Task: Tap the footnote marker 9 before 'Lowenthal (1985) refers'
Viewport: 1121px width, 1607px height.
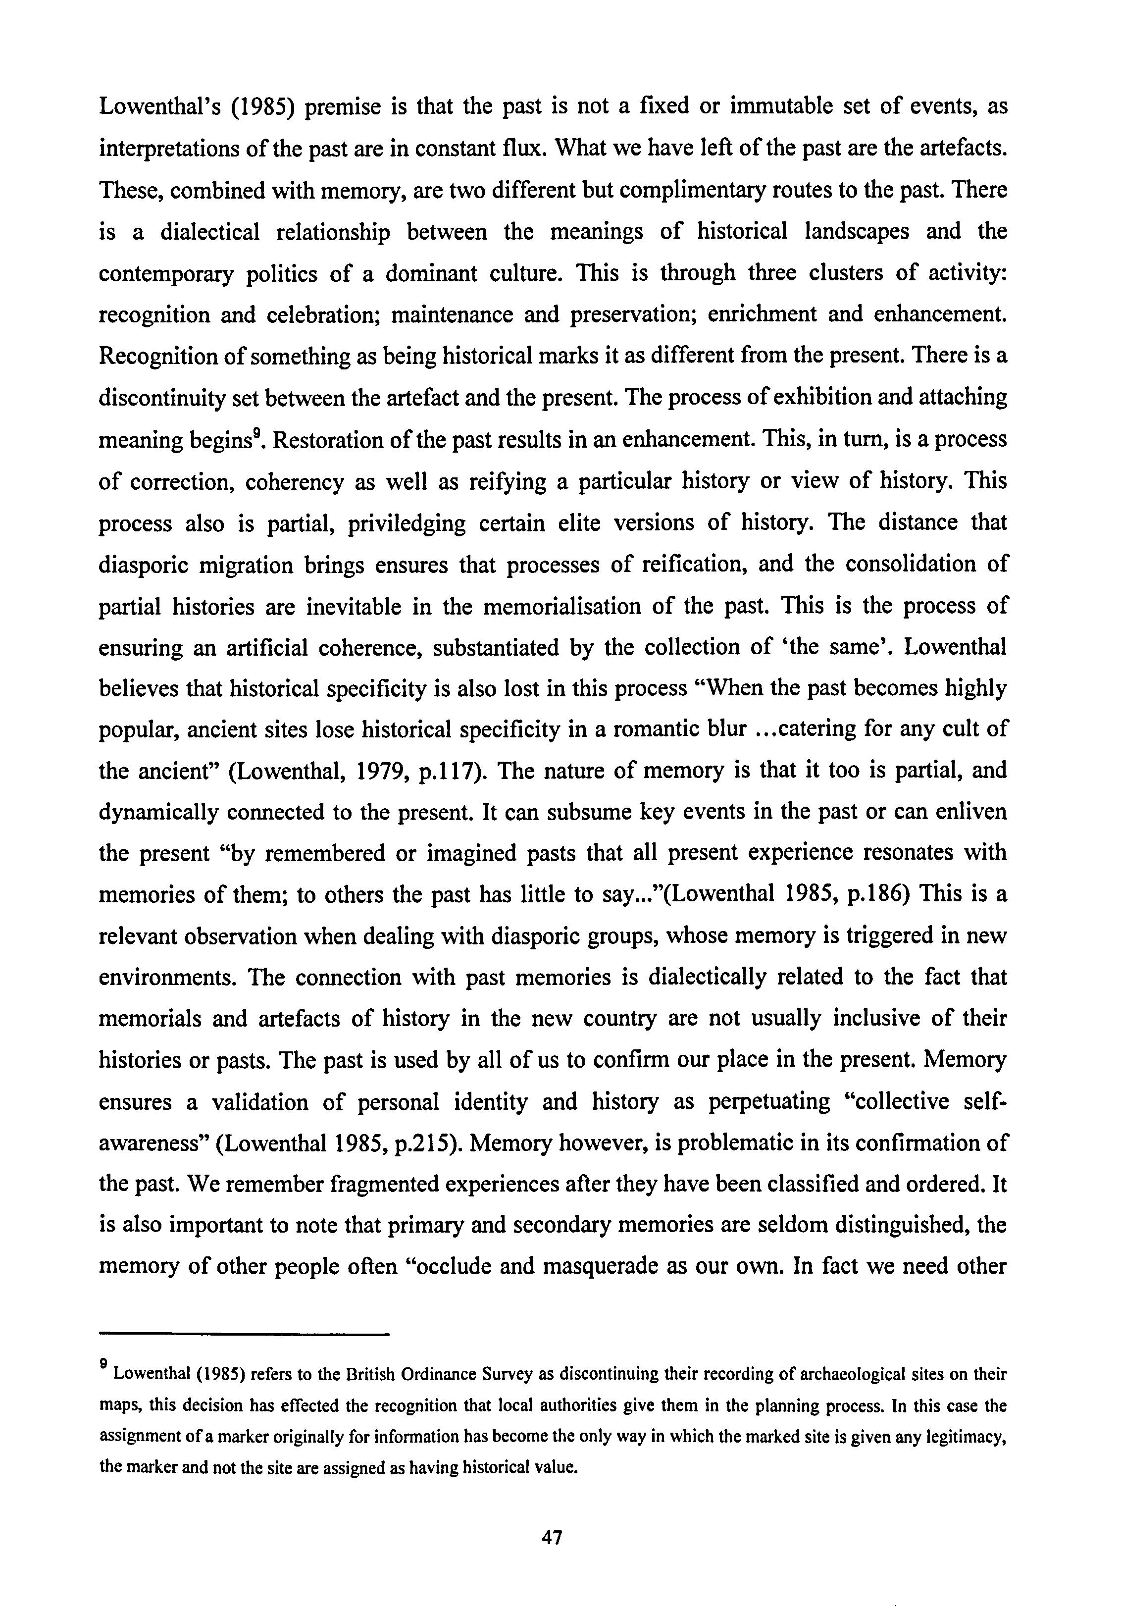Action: [103, 1364]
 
